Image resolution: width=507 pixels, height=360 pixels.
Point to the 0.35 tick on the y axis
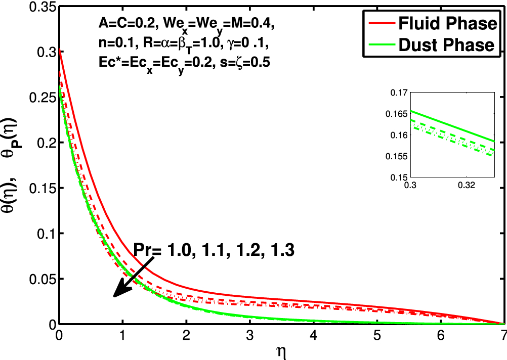click(x=40, y=7)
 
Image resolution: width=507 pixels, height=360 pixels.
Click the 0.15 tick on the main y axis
click(x=40, y=189)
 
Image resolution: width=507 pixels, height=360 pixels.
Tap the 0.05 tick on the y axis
click(x=40, y=279)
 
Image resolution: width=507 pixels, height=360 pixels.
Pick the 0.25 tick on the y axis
click(x=40, y=98)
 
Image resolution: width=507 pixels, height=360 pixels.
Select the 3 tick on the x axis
click(x=250, y=336)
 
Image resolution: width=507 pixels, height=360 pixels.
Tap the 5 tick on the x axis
click(x=377, y=336)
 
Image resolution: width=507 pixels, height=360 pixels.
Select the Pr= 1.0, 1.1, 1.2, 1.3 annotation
click(x=214, y=249)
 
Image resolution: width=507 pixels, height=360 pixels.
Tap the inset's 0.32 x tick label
click(x=466, y=186)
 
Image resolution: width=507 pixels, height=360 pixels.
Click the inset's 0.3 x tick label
click(x=410, y=186)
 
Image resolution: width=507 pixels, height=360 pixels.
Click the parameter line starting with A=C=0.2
click(x=187, y=23)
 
